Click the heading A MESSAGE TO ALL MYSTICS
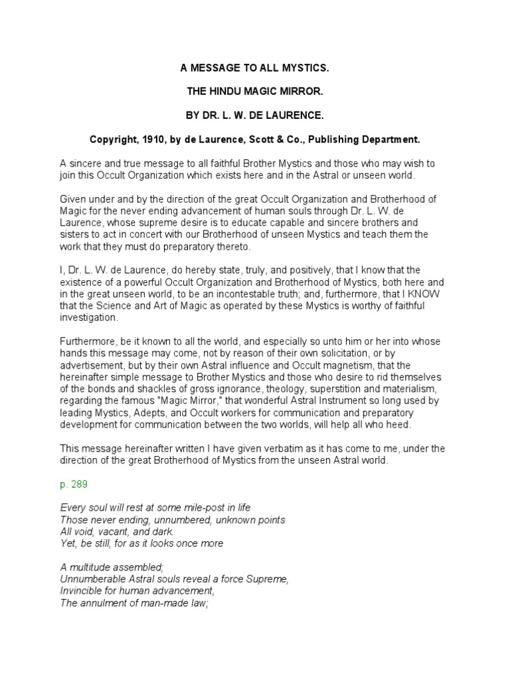254,68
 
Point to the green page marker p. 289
74,485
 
